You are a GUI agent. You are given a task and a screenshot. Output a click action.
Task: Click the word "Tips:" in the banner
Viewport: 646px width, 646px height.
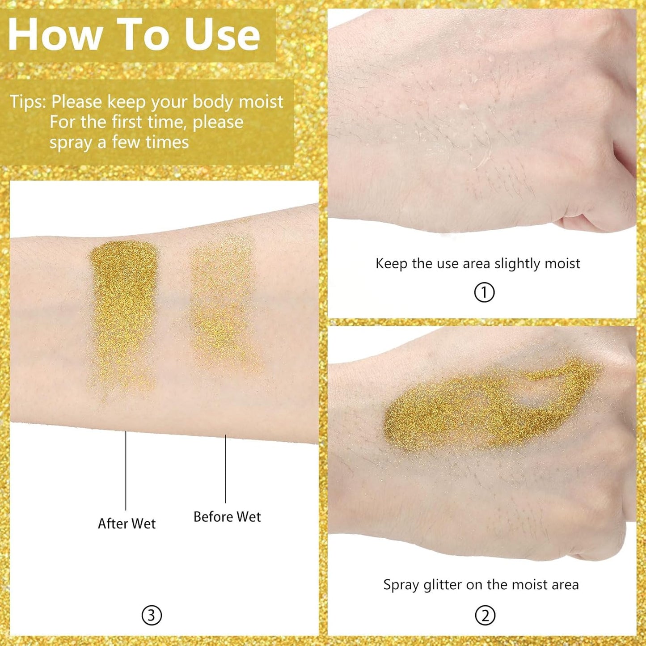(28, 102)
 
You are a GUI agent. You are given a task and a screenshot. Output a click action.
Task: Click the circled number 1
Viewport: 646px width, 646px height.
(484, 293)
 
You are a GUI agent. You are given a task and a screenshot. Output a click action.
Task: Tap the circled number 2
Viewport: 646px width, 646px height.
(485, 616)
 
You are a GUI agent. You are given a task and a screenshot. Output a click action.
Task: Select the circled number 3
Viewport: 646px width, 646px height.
(152, 616)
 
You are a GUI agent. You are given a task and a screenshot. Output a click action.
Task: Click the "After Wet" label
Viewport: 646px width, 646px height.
(127, 524)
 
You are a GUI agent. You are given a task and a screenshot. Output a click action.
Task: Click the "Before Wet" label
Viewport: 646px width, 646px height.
(227, 517)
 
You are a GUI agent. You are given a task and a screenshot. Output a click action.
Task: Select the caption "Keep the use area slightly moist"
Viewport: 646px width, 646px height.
(477, 264)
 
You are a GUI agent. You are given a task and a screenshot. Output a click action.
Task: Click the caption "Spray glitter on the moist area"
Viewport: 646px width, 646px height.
(481, 585)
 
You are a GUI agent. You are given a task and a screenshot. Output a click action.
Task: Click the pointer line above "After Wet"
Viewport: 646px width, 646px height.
(126, 469)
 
